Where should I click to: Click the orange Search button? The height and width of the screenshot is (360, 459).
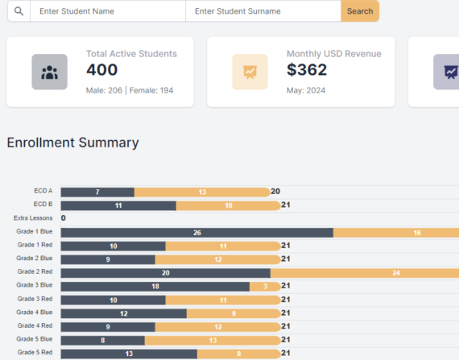359,11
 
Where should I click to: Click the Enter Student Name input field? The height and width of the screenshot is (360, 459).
108,11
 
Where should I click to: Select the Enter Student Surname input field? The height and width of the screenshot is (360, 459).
263,11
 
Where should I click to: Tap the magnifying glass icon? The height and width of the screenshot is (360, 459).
19,11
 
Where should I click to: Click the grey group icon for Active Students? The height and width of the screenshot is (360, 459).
49,72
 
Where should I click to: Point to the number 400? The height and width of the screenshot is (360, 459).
102,71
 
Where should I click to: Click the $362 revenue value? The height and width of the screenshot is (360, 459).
307,71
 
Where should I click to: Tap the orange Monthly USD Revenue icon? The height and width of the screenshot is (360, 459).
250,72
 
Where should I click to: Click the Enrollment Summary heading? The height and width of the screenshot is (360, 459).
72,143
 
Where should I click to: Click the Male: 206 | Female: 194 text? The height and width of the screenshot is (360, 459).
130,90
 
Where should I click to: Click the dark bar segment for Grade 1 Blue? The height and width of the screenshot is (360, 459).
196,232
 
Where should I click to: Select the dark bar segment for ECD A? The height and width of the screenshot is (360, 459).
97,192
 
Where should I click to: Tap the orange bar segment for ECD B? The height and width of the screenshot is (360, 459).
228,205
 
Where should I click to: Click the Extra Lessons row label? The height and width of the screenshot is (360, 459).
33,218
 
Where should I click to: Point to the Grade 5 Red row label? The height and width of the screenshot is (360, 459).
35,353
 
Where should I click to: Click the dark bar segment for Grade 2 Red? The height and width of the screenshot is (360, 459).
165,273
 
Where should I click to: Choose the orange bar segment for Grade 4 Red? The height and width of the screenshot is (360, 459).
217,326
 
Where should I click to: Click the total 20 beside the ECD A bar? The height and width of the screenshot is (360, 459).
275,192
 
